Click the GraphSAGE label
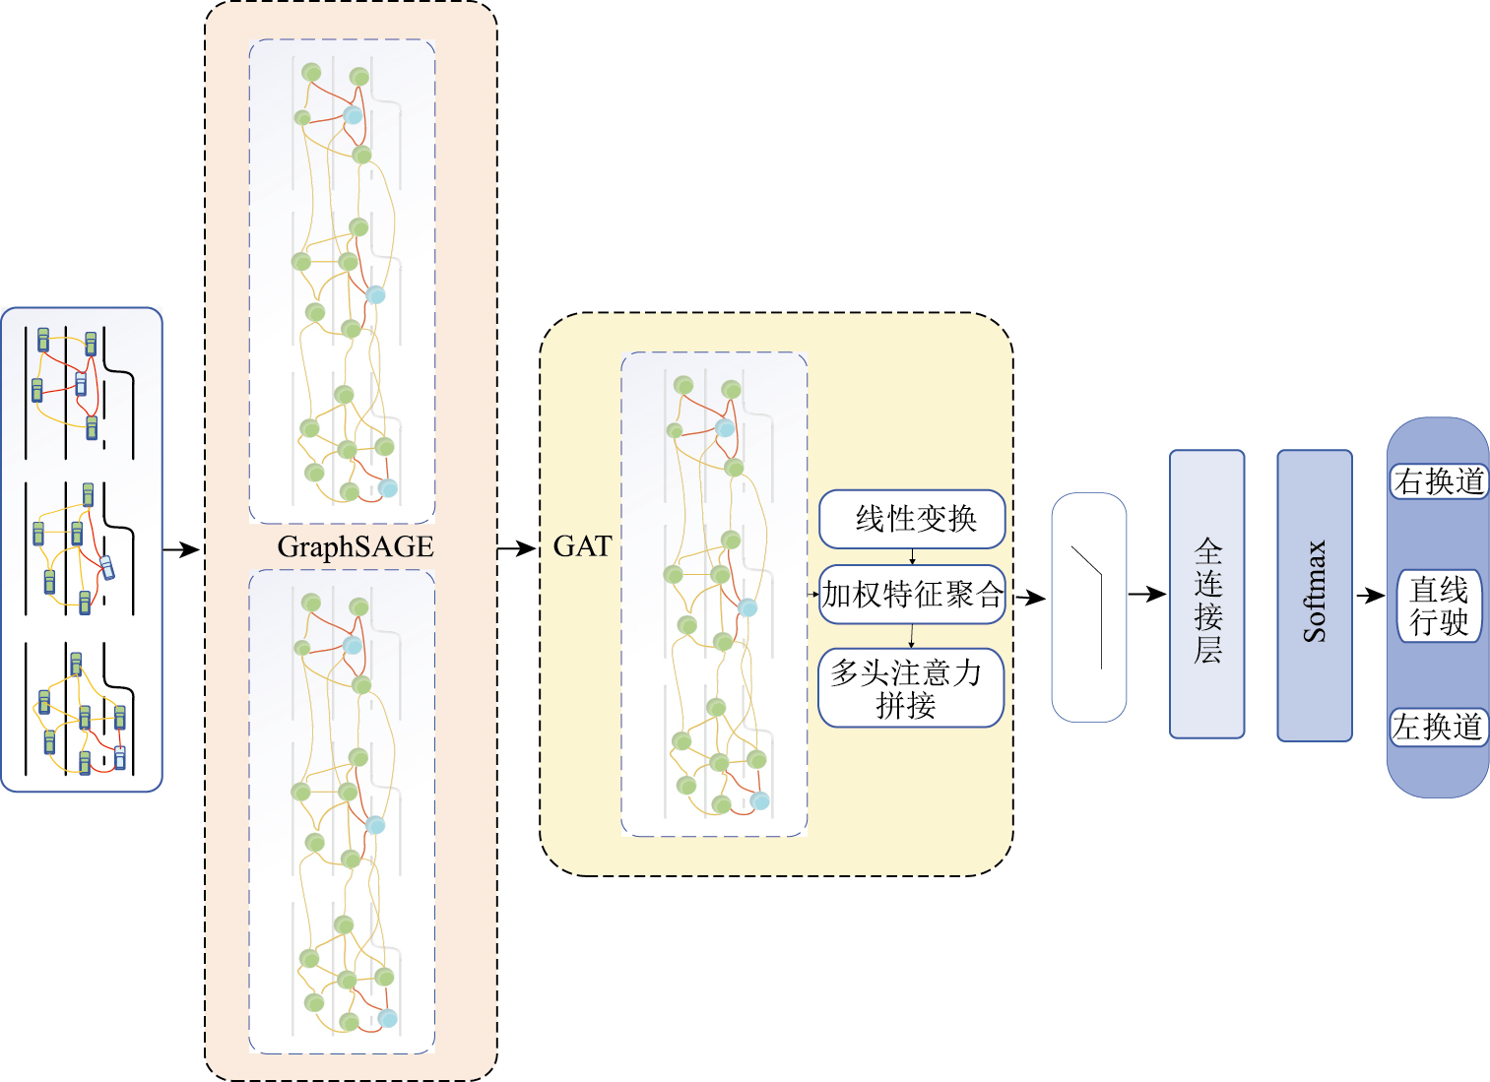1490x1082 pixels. click(356, 546)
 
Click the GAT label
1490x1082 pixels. click(582, 546)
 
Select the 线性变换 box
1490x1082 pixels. click(912, 519)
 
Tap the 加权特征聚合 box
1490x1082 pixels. click(912, 595)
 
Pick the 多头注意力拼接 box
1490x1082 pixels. click(911, 688)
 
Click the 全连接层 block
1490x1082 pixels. click(1206, 595)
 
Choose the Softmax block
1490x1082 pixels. click(1314, 595)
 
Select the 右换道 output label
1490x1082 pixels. click(1439, 481)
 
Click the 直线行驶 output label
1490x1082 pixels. click(1439, 606)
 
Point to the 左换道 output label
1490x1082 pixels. click(1438, 728)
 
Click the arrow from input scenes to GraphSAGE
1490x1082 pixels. click(181, 549)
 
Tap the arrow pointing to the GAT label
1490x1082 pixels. click(517, 549)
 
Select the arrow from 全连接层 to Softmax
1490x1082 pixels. click(1262, 595)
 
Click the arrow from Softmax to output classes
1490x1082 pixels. click(1370, 596)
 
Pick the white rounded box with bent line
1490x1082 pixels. click(1088, 606)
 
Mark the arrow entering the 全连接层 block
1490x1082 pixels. click(1147, 595)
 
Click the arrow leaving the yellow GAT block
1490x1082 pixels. click(1030, 598)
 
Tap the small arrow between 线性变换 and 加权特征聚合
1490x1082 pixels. click(913, 557)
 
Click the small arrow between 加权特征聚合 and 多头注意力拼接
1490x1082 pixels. click(912, 636)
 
